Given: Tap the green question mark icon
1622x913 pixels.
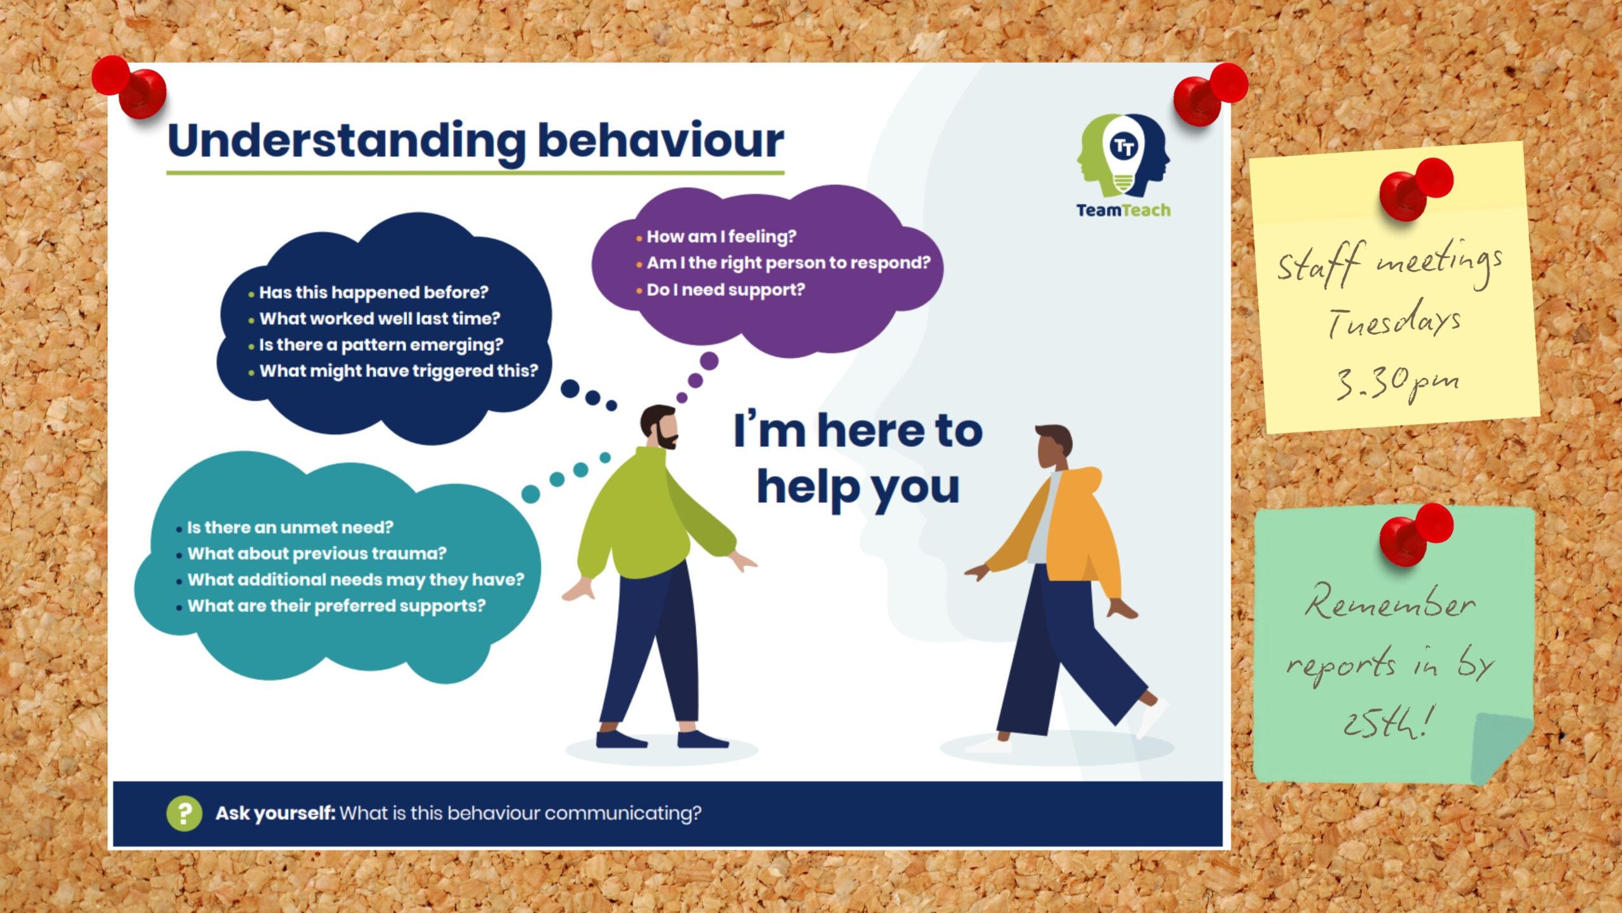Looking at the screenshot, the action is pyautogui.click(x=184, y=813).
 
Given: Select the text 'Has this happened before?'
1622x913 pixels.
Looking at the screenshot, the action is pyautogui.click(x=374, y=292).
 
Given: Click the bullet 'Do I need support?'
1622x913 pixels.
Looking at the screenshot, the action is pyautogui.click(x=725, y=290).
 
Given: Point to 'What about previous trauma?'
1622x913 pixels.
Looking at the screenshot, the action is pyautogui.click(x=317, y=554).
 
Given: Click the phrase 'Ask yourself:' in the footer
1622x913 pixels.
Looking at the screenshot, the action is pyautogui.click(x=275, y=813).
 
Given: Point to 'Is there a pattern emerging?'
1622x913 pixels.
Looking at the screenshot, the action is pyautogui.click(x=381, y=345).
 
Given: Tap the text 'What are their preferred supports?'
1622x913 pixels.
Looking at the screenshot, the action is pyautogui.click(x=336, y=606).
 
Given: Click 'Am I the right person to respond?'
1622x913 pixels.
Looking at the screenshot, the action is pyautogui.click(x=788, y=263).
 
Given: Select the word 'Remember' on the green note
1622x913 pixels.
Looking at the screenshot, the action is pyautogui.click(x=1391, y=603).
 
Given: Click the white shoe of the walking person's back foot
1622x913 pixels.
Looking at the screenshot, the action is pyautogui.click(x=1153, y=717).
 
